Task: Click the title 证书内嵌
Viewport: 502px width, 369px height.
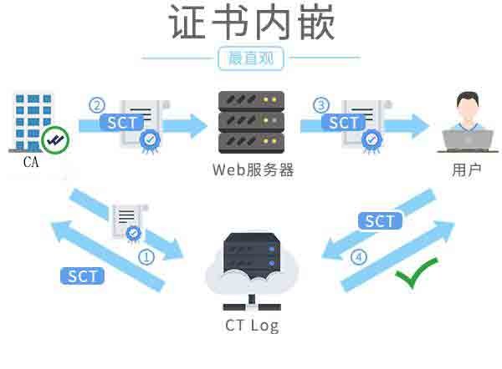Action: [251, 23]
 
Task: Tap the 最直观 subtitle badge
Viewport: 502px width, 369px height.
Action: [250, 58]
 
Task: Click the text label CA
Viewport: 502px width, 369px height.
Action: [31, 163]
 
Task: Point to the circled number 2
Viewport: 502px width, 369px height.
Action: [98, 105]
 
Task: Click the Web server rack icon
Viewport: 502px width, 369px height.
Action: [250, 121]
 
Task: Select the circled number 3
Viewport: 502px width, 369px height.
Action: [321, 105]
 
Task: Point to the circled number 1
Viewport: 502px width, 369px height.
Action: [146, 256]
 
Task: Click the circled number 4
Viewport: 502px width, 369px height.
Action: [359, 257]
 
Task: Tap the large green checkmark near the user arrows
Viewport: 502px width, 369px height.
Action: [416, 273]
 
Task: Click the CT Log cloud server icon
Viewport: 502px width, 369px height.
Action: [252, 265]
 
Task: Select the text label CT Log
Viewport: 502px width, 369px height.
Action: [252, 325]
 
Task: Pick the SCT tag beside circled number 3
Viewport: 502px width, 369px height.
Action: [344, 123]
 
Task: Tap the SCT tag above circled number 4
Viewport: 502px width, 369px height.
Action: [380, 220]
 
